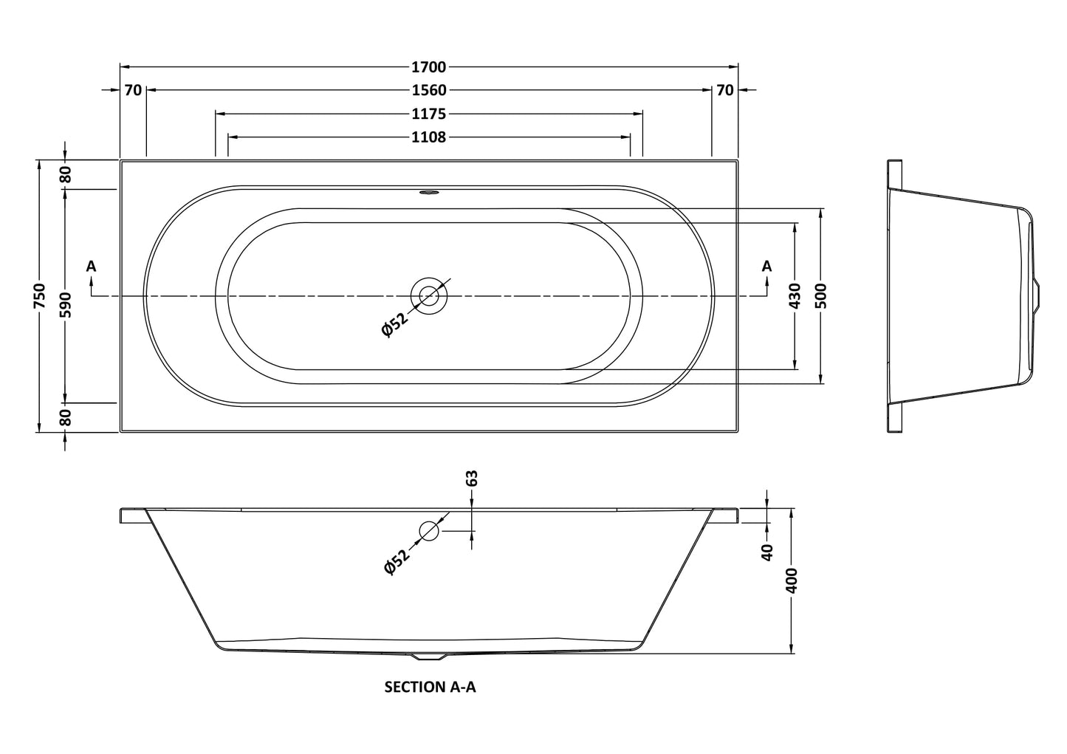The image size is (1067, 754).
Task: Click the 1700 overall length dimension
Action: coord(429,67)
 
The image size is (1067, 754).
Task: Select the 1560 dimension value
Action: coord(429,90)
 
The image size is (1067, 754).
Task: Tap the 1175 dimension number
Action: coord(429,114)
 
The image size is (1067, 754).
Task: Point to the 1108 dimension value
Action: coord(429,137)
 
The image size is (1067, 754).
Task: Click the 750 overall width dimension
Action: coord(40,295)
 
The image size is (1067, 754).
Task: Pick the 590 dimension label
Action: coord(65,305)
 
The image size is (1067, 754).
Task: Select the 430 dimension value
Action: coord(795,296)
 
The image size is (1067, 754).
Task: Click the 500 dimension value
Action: coord(820,296)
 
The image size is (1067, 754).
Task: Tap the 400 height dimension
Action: coord(791,580)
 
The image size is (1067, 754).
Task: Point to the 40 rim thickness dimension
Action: coord(767,552)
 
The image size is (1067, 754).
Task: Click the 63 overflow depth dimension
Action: coord(472,479)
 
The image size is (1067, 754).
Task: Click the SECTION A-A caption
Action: coord(430,687)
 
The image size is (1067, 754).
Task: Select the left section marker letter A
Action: coord(91,266)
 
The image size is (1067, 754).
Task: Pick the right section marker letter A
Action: coord(766,266)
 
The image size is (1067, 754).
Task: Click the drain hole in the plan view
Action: coord(429,296)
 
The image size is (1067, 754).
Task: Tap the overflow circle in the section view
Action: coord(429,531)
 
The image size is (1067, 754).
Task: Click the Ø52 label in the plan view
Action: coord(395,324)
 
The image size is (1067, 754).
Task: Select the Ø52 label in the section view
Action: coord(397,562)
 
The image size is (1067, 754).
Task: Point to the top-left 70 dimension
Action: coord(134,90)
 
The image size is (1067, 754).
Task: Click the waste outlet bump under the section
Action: coord(429,657)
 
